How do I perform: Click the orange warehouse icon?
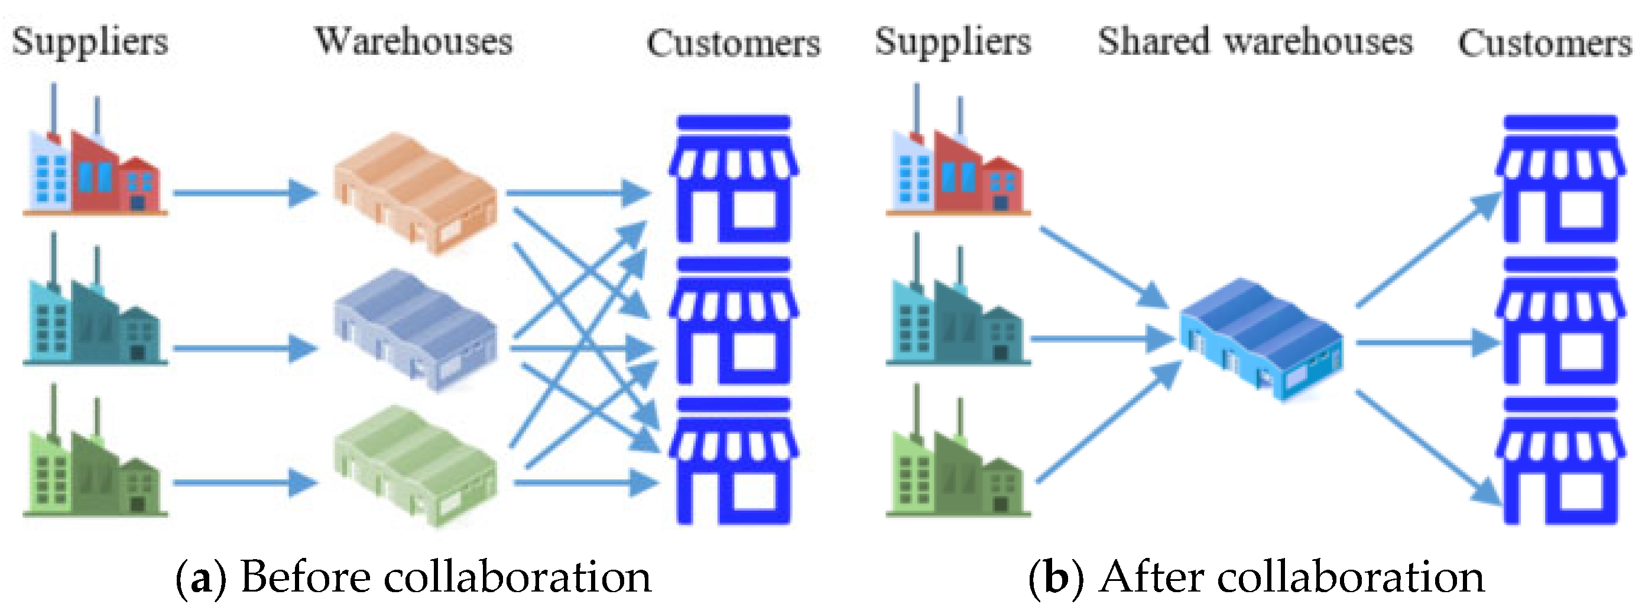tap(415, 193)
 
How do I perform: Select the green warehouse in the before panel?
tap(415, 465)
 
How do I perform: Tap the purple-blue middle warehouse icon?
tap(415, 329)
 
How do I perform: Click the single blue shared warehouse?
tap(1261, 339)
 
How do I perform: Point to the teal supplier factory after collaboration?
tap(957, 315)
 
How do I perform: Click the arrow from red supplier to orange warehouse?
tap(245, 192)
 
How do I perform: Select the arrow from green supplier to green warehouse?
tap(245, 483)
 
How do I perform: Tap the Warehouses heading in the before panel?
tap(414, 42)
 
